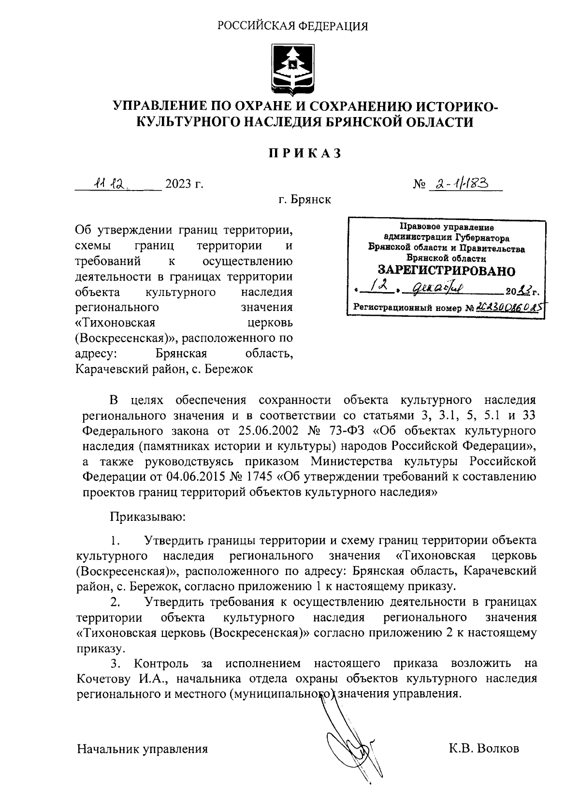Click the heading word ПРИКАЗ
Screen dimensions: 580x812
[305, 153]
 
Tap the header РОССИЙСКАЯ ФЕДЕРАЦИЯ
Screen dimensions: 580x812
[292, 26]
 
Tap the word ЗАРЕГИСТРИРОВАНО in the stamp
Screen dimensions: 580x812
[446, 270]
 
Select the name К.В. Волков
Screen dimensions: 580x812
[484, 749]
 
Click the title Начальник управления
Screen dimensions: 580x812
[143, 749]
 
